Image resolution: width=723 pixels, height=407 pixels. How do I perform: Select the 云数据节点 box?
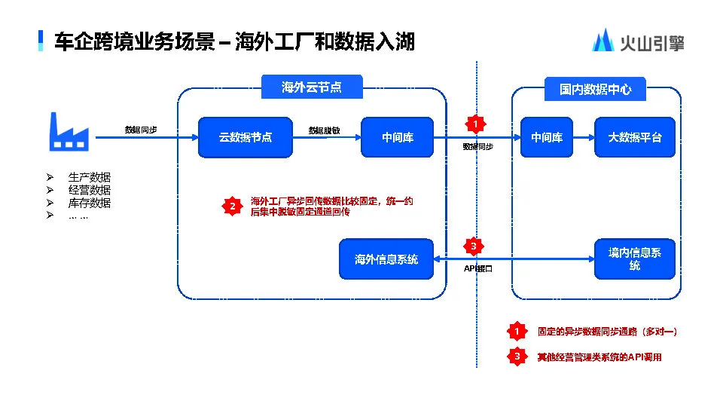pyautogui.click(x=245, y=137)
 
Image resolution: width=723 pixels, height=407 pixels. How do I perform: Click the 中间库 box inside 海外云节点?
pyautogui.click(x=397, y=137)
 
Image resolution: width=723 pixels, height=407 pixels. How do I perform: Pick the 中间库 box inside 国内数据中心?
pyautogui.click(x=547, y=137)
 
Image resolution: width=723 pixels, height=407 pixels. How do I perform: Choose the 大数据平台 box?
pyautogui.click(x=635, y=137)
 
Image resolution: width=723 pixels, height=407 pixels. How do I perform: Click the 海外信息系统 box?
pyautogui.click(x=386, y=259)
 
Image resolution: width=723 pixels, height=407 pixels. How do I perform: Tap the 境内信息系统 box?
pyautogui.click(x=635, y=259)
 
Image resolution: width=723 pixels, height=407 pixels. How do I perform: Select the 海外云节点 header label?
pyautogui.click(x=311, y=87)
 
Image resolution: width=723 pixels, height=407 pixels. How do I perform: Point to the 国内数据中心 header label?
pyautogui.click(x=595, y=89)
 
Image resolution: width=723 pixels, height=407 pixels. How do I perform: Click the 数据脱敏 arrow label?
pyautogui.click(x=324, y=130)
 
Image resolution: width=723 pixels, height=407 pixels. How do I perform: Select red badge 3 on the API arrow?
pyautogui.click(x=473, y=246)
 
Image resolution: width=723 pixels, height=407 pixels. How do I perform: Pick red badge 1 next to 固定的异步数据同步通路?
pyautogui.click(x=517, y=331)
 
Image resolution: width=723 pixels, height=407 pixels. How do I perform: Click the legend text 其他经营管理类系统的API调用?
pyautogui.click(x=599, y=357)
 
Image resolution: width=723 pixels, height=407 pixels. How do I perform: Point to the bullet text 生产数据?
pyautogui.click(x=90, y=177)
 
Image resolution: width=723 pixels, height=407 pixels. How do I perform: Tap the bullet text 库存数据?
pyautogui.click(x=90, y=203)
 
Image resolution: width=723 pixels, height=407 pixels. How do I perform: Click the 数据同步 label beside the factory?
pyautogui.click(x=141, y=130)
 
